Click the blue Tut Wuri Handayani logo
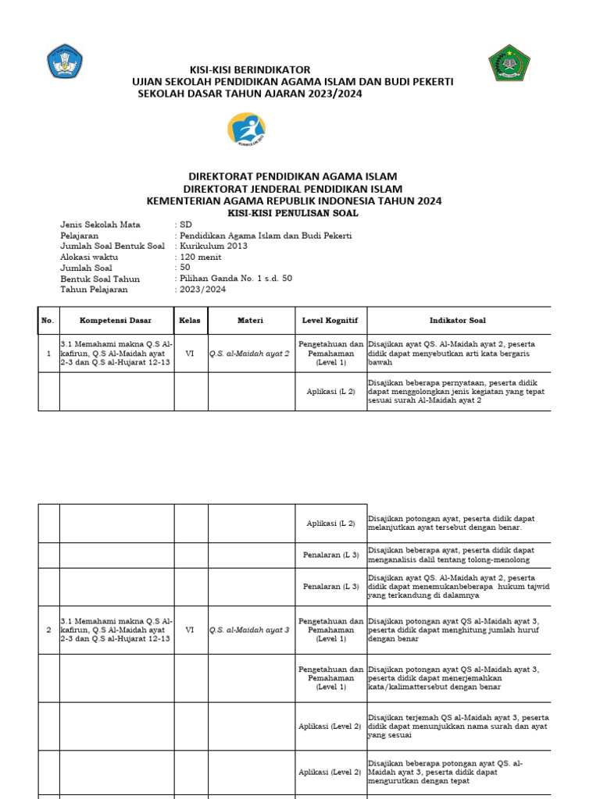point(66,62)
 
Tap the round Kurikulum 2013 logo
point(246,130)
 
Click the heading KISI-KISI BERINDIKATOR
point(245,69)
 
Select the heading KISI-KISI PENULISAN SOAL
point(293,212)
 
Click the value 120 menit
point(200,257)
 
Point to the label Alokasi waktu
point(89,257)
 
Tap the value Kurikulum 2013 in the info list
point(213,246)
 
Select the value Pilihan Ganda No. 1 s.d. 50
point(236,279)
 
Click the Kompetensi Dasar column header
point(116,320)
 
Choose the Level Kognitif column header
point(330,320)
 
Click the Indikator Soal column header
point(458,320)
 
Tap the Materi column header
point(251,320)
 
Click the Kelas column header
point(191,320)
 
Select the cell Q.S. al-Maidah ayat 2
point(249,353)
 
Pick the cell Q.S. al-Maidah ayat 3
point(249,630)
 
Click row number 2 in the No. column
point(48,630)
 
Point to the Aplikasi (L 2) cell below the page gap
point(330,523)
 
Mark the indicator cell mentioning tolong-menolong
point(457,555)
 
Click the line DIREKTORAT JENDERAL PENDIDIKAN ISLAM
point(293,189)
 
